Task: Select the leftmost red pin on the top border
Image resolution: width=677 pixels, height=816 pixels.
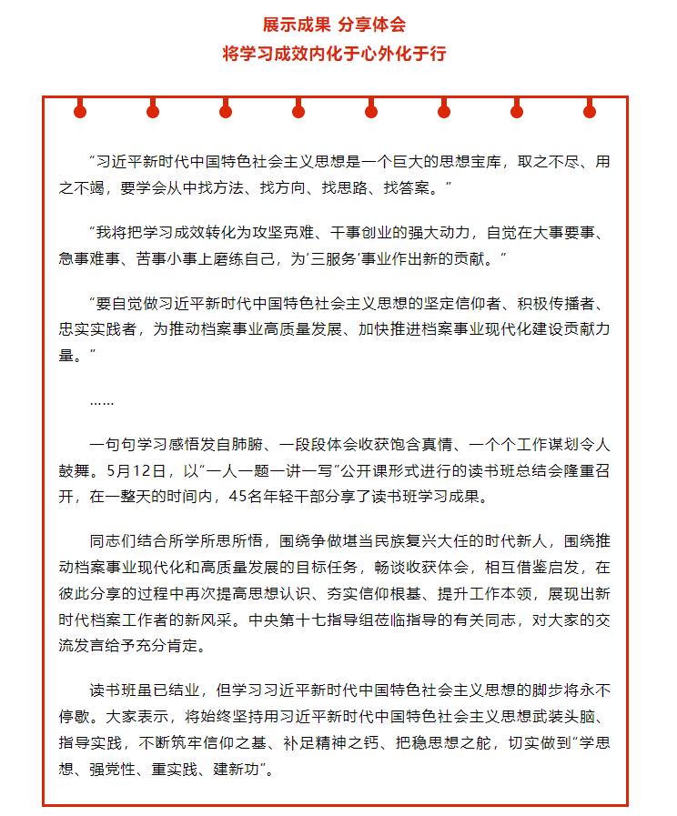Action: (x=80, y=112)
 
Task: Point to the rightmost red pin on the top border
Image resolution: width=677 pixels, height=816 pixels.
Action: (x=590, y=112)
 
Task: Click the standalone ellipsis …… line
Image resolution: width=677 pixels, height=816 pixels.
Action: (x=102, y=399)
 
